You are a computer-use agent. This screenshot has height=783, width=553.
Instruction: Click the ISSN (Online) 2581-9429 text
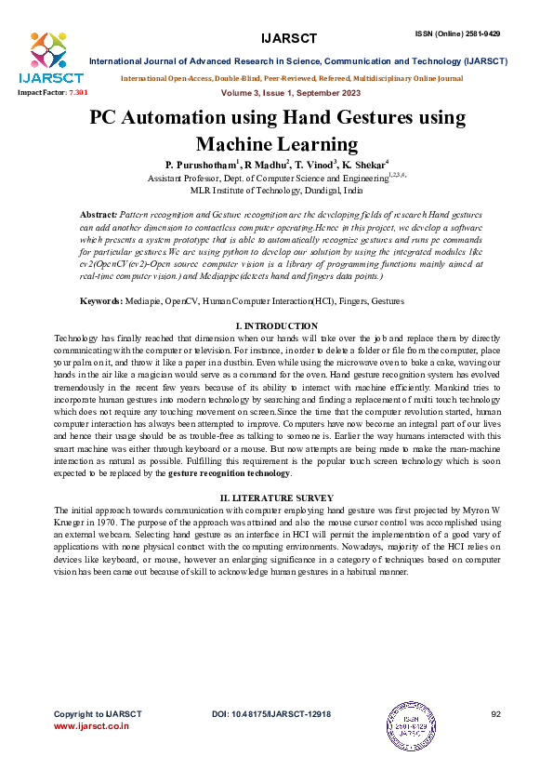click(x=457, y=33)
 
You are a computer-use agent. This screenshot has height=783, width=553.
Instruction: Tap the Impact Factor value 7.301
click(x=78, y=94)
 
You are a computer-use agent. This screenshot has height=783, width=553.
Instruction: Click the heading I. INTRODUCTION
click(x=276, y=325)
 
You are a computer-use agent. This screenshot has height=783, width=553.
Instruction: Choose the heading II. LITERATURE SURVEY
click(x=276, y=499)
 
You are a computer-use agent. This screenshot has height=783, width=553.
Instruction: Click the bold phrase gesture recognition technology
click(x=230, y=473)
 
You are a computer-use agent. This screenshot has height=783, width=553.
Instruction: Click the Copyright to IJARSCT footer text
click(x=98, y=713)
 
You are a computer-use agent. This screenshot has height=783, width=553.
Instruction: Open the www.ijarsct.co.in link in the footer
click(x=91, y=725)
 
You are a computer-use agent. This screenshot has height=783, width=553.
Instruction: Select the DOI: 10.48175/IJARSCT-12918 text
click(x=271, y=713)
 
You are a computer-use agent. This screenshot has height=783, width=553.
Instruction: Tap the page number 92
click(x=495, y=713)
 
